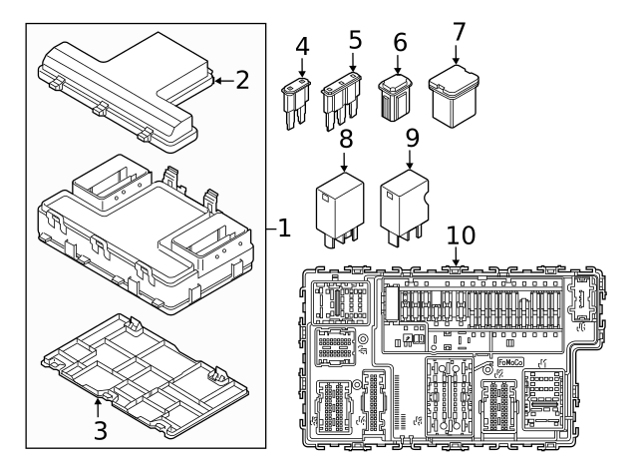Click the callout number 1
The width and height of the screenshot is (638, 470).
(283, 230)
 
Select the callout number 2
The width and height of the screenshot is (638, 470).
(242, 80)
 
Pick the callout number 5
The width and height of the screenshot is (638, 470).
(354, 42)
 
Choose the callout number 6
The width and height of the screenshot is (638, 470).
(401, 42)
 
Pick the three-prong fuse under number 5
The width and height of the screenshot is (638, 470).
(341, 105)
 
